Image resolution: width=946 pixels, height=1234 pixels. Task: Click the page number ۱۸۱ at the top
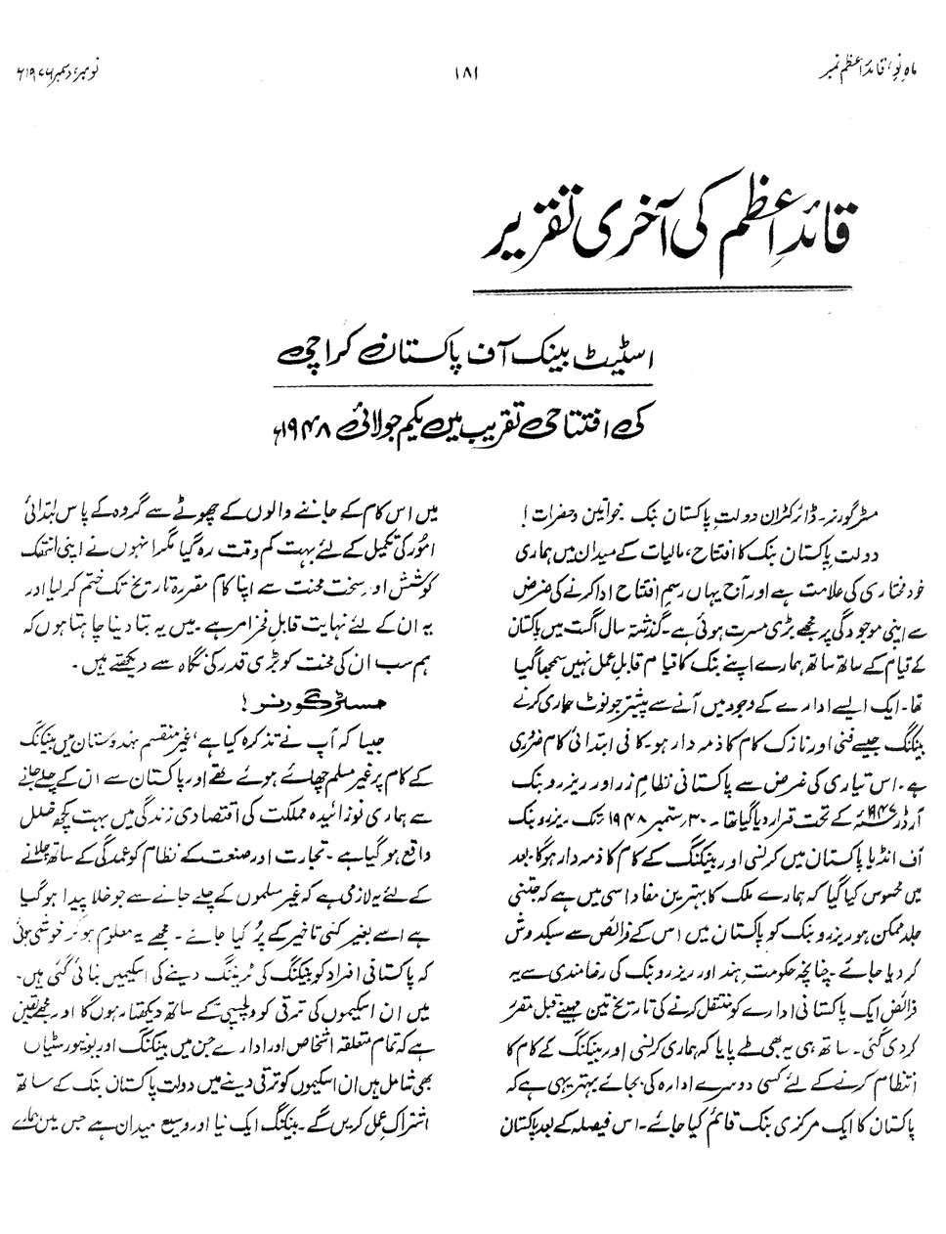(471, 71)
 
